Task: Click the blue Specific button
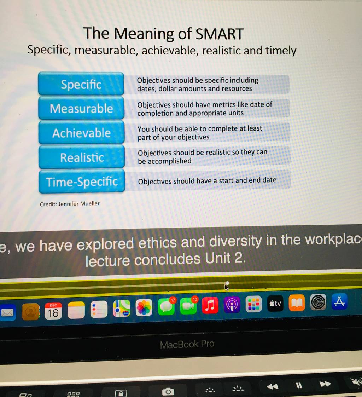81,84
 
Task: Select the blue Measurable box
81,108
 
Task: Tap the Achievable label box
81,132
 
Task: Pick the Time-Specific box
82,181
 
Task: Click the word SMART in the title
220,34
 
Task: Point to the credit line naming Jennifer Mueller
70,204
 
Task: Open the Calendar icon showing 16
53,311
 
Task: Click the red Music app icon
210,305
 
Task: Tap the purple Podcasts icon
232,304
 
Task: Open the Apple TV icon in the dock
275,303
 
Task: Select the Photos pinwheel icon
144,307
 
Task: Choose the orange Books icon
297,303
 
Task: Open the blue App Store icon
339,302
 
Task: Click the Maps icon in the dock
122,309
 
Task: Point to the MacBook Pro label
187,344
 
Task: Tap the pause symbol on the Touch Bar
299,386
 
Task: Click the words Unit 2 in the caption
226,259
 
